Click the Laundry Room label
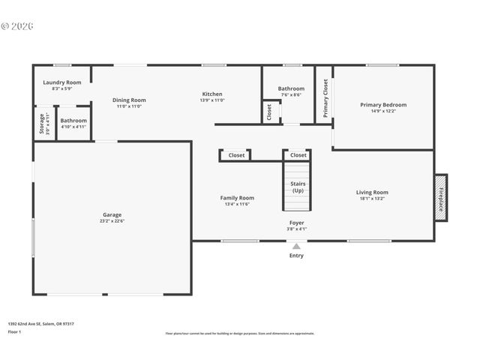point(61,82)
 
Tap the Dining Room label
point(129,100)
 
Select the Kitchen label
point(212,94)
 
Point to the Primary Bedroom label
point(383,105)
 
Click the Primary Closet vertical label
point(325,98)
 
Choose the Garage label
point(112,214)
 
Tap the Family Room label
point(237,197)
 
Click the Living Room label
point(372,192)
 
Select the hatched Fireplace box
point(440,197)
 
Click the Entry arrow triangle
point(296,246)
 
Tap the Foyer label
point(298,223)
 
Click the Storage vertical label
point(41,124)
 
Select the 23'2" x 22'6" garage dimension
point(112,221)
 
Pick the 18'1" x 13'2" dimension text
point(372,199)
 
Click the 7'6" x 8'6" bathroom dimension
point(291,94)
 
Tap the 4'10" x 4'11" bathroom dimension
point(73,127)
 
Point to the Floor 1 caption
point(14,331)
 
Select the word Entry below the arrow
point(297,256)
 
